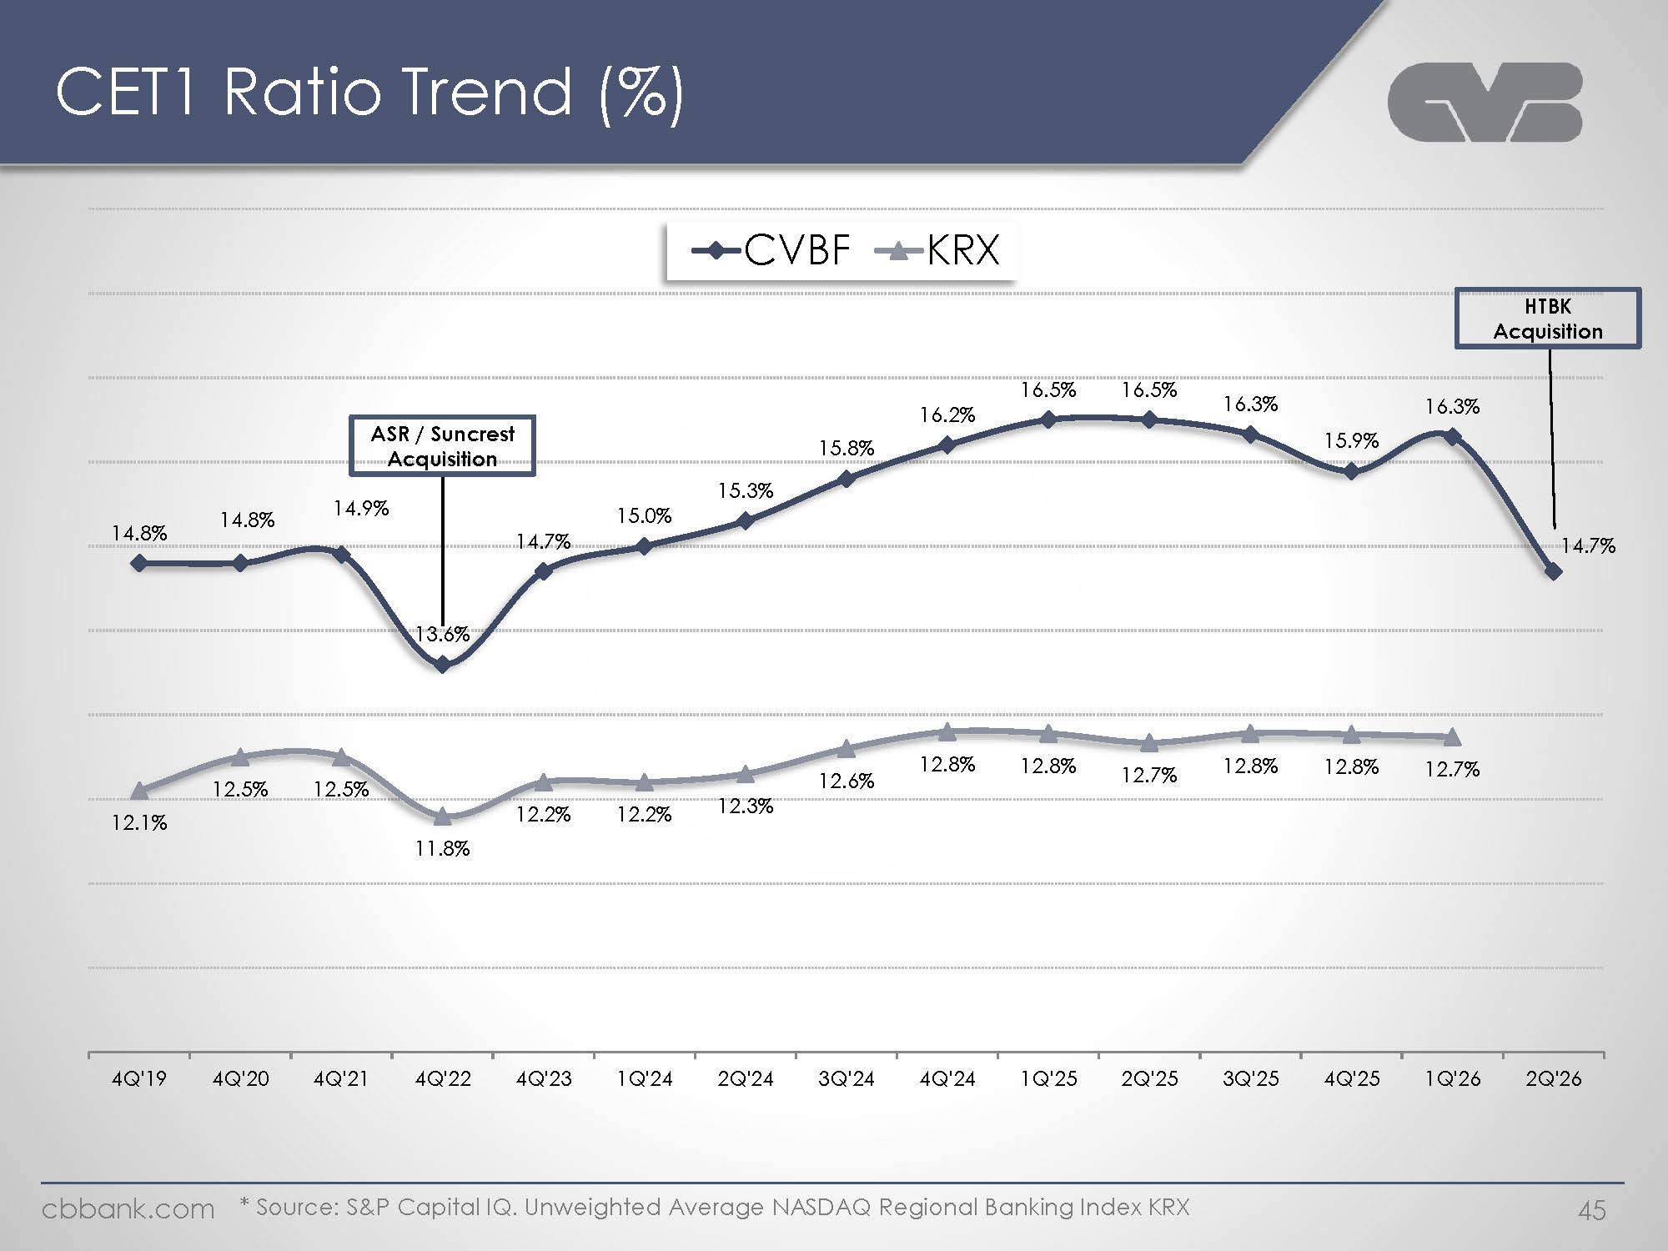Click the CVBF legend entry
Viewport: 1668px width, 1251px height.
771,249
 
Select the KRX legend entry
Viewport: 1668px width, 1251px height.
937,249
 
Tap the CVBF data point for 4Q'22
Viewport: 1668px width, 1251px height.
443,665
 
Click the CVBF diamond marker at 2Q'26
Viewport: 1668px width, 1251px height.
1553,572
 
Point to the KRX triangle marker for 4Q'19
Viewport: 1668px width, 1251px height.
139,791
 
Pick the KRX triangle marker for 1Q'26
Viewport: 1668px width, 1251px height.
1452,737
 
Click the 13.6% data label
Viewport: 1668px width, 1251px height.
443,635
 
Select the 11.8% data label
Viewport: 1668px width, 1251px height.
443,849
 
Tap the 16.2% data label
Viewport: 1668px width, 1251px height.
947,415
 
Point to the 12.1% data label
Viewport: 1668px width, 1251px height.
139,823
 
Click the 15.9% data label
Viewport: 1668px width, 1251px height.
1352,440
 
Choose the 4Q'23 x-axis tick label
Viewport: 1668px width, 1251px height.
544,1079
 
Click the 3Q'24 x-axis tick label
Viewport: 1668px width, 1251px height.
847,1079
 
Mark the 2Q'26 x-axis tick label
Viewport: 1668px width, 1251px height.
1554,1079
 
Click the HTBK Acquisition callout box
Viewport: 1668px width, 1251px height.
1548,319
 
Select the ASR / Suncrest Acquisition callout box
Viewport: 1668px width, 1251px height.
442,446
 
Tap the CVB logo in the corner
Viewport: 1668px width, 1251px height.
1485,102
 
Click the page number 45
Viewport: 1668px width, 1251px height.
1591,1210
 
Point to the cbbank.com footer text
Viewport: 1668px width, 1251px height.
128,1209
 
